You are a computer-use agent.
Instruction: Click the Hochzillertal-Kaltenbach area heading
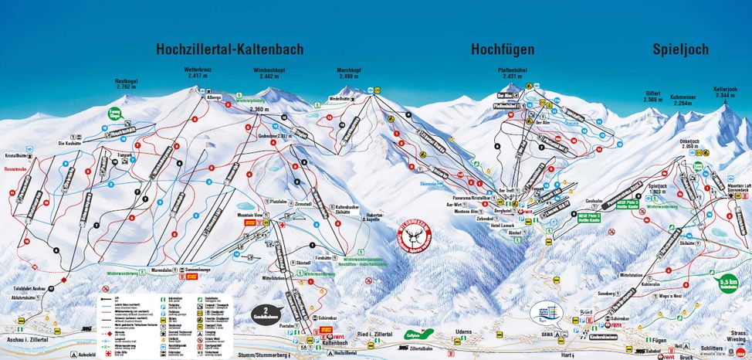point(229,49)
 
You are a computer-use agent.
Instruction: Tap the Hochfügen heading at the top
point(503,49)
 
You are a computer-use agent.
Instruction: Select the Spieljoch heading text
point(679,49)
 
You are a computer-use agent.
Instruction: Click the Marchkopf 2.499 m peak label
point(349,73)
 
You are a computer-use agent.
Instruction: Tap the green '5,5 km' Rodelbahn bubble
point(727,284)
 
